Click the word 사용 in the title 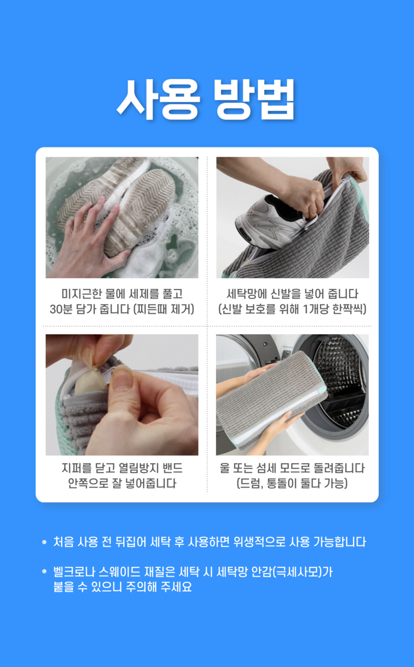tap(158, 99)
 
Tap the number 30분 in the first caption tap(61, 310)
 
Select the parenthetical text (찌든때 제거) tap(163, 310)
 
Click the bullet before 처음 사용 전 tap(45, 542)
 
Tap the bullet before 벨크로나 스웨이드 tap(45, 571)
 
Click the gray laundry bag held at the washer tap(272, 399)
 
